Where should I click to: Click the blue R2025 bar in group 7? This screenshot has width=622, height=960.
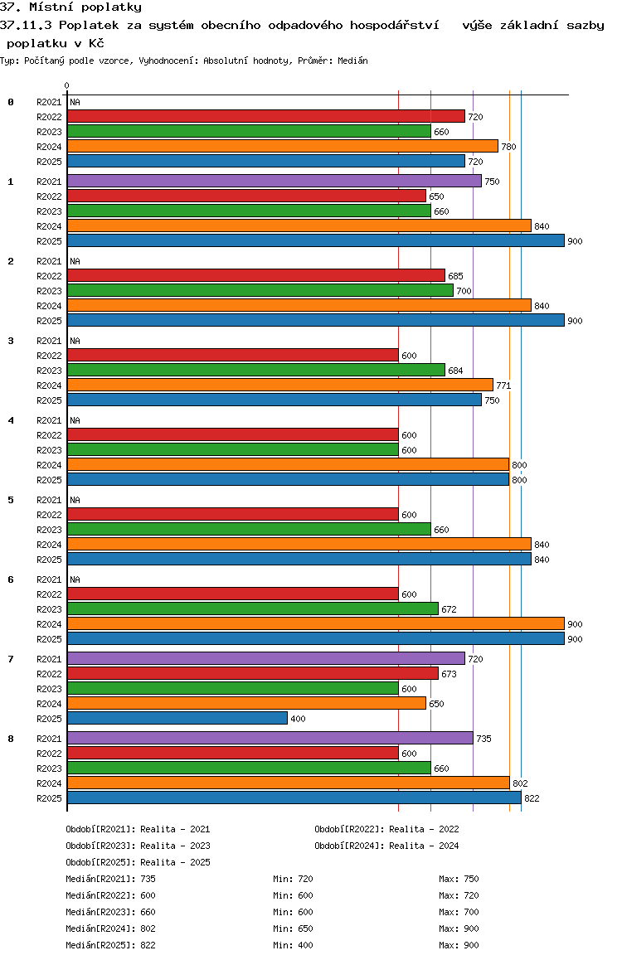point(177,718)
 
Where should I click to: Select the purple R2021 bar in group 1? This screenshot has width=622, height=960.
point(274,181)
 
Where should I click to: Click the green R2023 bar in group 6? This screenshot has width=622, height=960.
point(252,608)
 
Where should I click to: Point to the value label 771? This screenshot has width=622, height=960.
point(503,385)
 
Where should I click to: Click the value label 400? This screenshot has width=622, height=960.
point(298,719)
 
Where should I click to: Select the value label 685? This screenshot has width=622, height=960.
point(455,276)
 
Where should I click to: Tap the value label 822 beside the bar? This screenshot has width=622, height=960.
point(532,798)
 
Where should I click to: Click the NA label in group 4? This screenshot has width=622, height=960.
point(75,420)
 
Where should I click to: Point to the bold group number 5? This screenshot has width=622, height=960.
point(11,500)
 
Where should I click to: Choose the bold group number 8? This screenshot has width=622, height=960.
point(11,739)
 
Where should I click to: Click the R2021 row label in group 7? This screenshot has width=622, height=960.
point(50,659)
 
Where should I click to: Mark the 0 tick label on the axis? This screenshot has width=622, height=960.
point(67,85)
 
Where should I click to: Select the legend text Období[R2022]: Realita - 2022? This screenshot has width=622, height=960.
point(386,829)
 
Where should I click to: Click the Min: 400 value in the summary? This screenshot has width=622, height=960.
point(293,945)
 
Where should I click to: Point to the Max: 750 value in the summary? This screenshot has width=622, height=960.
point(459,879)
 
